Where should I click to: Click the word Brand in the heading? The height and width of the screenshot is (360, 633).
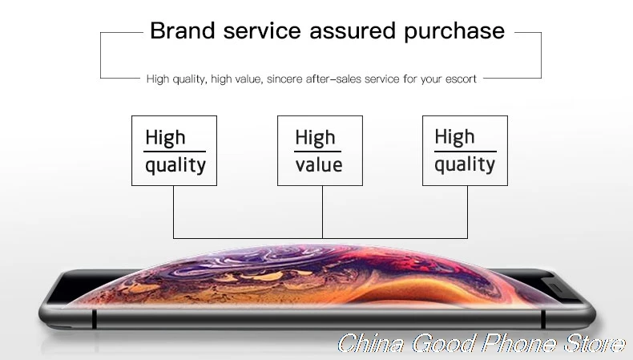click(x=183, y=30)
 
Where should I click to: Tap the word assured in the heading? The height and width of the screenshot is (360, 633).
click(x=352, y=31)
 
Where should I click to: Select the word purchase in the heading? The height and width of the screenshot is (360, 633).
click(x=454, y=32)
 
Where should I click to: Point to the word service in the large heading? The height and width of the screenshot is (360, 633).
click(x=262, y=31)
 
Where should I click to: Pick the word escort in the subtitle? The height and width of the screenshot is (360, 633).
click(x=461, y=79)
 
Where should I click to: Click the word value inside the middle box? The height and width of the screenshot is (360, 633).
click(x=319, y=165)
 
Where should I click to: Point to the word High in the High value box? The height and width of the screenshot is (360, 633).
click(x=315, y=137)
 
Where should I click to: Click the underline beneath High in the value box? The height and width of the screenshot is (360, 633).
click(x=317, y=152)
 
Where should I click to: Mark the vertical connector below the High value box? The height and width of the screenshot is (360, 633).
click(x=322, y=212)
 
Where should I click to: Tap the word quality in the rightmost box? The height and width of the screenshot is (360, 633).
click(x=465, y=165)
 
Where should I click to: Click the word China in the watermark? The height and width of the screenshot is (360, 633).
click(x=372, y=343)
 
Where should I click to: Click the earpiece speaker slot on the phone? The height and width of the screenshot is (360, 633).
click(x=557, y=288)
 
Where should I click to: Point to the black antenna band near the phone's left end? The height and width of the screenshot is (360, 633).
click(x=94, y=319)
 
